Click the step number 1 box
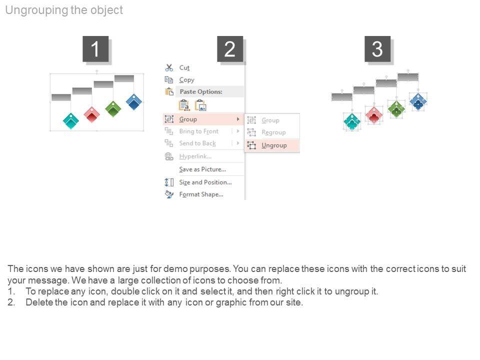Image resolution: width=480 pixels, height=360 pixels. point(95,49)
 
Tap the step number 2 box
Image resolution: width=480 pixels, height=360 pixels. point(229,49)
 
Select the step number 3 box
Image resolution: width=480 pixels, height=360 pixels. point(377,49)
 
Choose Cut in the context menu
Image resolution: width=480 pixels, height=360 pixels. point(184,67)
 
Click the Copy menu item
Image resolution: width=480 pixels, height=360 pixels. point(186,79)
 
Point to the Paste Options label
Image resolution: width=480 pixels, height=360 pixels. point(201,91)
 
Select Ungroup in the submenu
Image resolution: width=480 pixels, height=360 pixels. point(274,145)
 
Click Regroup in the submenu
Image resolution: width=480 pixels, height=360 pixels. point(273,132)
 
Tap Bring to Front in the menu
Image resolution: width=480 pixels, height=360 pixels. point(198,131)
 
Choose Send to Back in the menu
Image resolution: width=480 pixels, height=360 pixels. point(197,143)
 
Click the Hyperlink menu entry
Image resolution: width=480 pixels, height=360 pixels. point(195,156)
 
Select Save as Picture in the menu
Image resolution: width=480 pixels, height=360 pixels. point(202,169)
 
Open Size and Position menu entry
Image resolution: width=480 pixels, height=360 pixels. point(205,182)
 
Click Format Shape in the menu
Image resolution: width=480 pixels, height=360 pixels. point(201,194)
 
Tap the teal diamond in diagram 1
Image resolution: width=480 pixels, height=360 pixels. point(71,120)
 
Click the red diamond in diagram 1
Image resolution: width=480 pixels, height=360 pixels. point(92,114)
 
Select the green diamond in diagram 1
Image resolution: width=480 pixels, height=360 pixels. point(113,108)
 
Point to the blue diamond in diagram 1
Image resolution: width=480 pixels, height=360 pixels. point(134,102)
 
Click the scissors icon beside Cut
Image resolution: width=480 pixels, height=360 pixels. point(169,67)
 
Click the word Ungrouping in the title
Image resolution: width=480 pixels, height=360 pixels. point(34,10)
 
